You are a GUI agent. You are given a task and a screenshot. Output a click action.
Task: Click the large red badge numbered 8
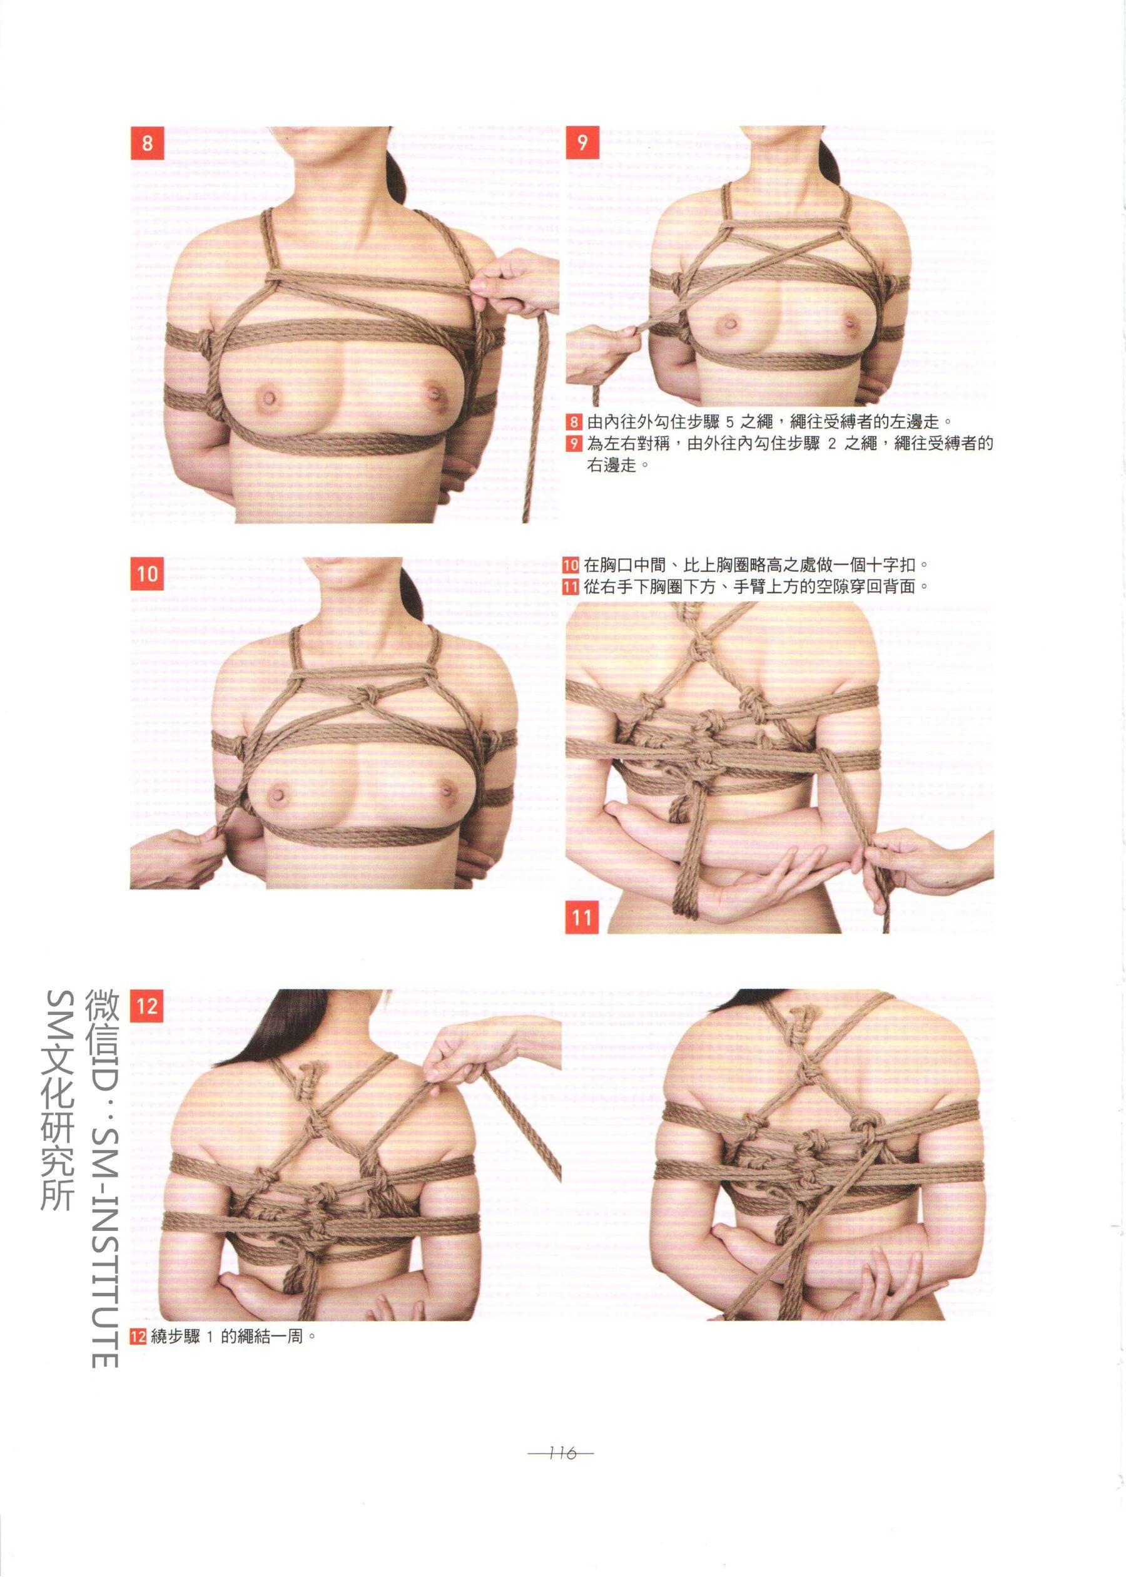point(147,143)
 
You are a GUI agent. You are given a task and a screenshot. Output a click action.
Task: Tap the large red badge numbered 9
point(582,143)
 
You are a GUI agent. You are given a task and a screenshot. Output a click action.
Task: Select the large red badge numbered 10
point(147,574)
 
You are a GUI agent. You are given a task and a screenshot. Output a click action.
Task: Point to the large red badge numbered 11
point(582,917)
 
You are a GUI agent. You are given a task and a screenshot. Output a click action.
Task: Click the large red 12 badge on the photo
point(147,1006)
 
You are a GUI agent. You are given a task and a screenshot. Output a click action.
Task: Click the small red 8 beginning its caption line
point(574,421)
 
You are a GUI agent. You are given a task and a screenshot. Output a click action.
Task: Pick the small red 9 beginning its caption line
point(574,443)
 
